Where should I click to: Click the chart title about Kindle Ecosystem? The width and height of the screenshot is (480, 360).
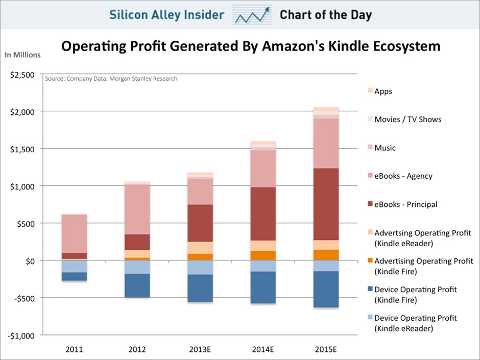[250, 47]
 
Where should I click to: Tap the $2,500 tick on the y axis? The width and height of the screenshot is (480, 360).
[22, 75]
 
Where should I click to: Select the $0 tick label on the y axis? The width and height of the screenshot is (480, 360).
[30, 261]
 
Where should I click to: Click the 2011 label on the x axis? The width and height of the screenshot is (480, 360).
[74, 350]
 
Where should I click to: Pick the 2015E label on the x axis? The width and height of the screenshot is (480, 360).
[326, 350]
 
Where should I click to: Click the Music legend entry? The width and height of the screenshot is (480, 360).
[385, 148]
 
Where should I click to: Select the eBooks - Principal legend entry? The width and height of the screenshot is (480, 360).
[405, 204]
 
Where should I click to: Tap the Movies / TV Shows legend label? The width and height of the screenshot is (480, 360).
[407, 119]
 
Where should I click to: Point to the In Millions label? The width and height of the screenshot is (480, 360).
[22, 55]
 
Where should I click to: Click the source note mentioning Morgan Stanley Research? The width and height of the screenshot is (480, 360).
[111, 79]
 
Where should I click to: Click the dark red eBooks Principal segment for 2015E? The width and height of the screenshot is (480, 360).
[326, 204]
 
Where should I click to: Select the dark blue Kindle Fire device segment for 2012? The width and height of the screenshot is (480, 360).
[137, 285]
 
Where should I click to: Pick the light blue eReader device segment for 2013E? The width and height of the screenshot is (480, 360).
[200, 268]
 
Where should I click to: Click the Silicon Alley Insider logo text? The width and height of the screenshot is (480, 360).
[166, 15]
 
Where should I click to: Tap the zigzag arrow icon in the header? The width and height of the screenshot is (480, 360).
[252, 15]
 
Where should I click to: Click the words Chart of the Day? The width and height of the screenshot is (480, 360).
[325, 15]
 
